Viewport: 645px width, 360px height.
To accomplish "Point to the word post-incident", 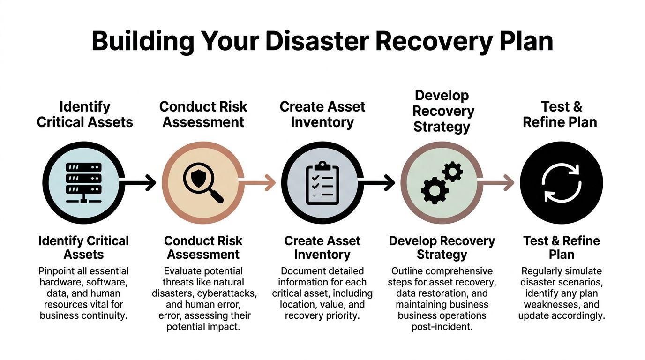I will click(442, 327).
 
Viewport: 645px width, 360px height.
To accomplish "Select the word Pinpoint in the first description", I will click(57, 271).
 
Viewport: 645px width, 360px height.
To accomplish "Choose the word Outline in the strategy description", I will click(408, 271).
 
